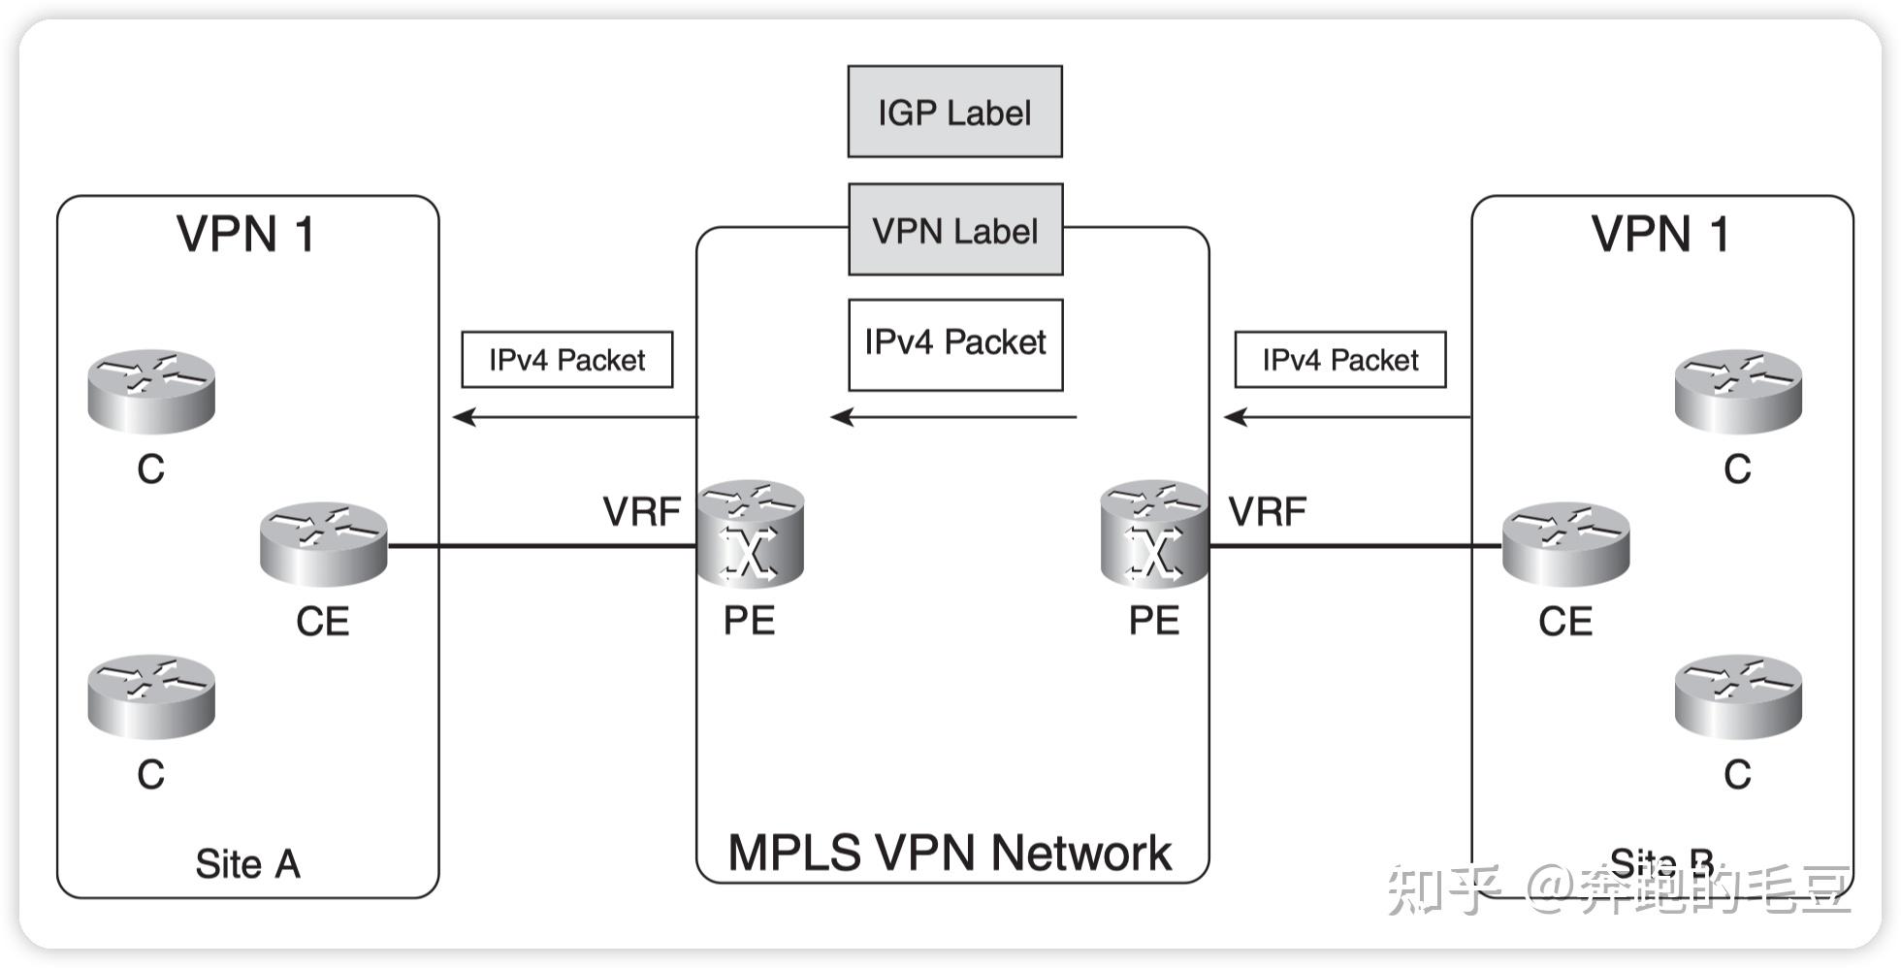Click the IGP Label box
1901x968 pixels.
(954, 112)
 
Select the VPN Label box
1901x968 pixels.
(954, 230)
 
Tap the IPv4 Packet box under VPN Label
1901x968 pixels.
(954, 344)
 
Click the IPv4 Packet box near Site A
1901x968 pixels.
(566, 360)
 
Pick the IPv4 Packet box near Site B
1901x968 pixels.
(1339, 360)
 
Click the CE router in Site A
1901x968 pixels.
(323, 544)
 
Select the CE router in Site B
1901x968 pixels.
(1565, 544)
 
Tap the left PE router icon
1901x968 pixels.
(750, 533)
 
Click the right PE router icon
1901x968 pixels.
(1154, 533)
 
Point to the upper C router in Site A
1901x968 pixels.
(151, 391)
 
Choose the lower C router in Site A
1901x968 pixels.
(151, 696)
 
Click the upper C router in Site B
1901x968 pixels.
(1738, 391)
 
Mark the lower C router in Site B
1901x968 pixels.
(1738, 696)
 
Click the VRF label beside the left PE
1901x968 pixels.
(641, 511)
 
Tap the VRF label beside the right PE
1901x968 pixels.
(1267, 511)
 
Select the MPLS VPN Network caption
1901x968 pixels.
(950, 853)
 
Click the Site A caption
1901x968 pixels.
(247, 863)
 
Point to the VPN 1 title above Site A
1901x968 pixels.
(245, 234)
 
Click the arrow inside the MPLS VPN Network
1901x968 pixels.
(954, 417)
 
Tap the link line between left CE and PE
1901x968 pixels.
(543, 546)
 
